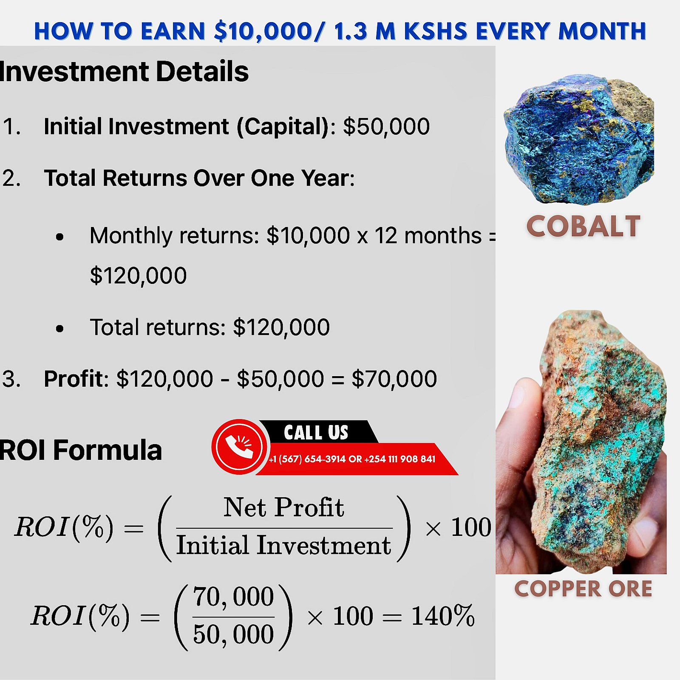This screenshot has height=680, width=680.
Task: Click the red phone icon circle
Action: click(239, 447)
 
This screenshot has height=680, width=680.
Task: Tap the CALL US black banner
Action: click(317, 432)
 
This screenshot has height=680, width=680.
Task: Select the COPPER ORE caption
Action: click(583, 589)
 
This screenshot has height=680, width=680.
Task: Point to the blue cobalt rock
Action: click(579, 139)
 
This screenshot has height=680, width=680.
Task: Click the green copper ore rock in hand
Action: click(599, 442)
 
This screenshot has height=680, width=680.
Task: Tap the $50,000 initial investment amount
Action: click(386, 127)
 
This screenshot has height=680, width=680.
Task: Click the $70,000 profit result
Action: click(394, 379)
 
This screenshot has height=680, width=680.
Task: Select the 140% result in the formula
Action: click(442, 616)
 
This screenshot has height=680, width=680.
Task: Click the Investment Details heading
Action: click(124, 71)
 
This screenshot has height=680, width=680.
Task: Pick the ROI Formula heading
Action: click(81, 450)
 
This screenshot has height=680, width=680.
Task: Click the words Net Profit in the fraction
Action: click(284, 507)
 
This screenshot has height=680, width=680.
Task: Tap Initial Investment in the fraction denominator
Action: click(283, 545)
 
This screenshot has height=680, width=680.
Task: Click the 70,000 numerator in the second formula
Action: click(233, 597)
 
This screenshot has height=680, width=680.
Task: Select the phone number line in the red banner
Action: click(352, 459)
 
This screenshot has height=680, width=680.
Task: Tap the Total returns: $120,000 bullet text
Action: click(210, 327)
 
